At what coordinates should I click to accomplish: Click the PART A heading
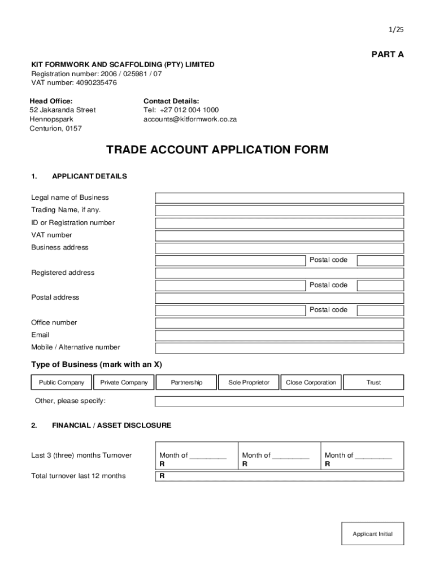[x=388, y=54]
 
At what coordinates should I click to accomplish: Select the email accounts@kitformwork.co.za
[x=190, y=119]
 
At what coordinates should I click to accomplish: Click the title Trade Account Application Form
[x=217, y=150]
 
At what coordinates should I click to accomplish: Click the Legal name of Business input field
[x=279, y=198]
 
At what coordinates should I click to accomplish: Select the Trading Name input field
[x=279, y=211]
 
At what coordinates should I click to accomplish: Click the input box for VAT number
[x=279, y=235]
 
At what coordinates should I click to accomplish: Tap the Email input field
[x=279, y=335]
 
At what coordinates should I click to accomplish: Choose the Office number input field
[x=279, y=323]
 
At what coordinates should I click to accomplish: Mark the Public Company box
[x=62, y=383]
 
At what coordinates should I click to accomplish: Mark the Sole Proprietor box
[x=249, y=383]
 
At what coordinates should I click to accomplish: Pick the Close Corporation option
[x=311, y=383]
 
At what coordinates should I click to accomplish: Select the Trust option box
[x=373, y=383]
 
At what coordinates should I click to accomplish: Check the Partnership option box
[x=186, y=383]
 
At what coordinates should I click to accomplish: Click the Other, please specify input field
[x=279, y=401]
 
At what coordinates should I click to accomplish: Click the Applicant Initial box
[x=372, y=533]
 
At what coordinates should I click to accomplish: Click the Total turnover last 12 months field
[x=279, y=476]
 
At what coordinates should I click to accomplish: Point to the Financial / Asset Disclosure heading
[x=111, y=425]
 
